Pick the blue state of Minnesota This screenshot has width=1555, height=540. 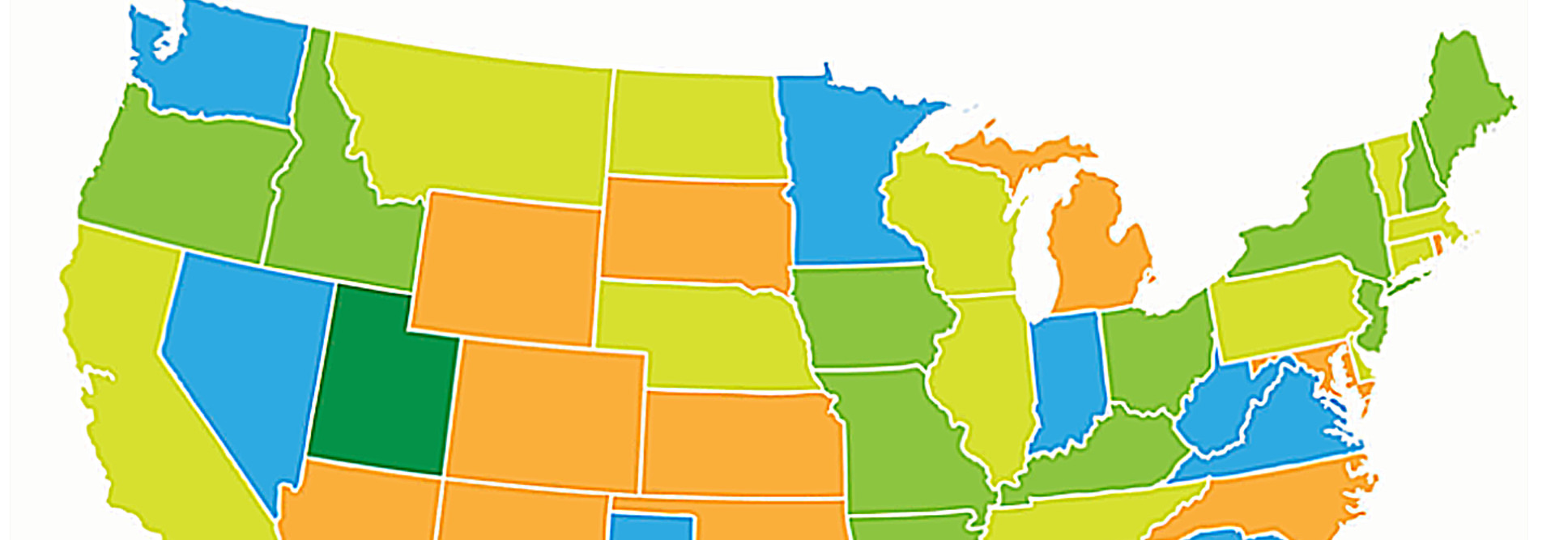(x=842, y=178)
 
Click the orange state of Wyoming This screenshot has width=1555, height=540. (x=506, y=267)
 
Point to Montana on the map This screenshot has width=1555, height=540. (x=478, y=121)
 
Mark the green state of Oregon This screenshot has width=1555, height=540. (x=186, y=178)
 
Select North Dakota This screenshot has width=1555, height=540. (x=697, y=125)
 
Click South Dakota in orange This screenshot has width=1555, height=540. (x=697, y=231)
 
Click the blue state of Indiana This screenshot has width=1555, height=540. (x=1069, y=381)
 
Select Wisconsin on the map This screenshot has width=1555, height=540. (x=948, y=219)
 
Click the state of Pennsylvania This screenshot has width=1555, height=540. (x=1288, y=308)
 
